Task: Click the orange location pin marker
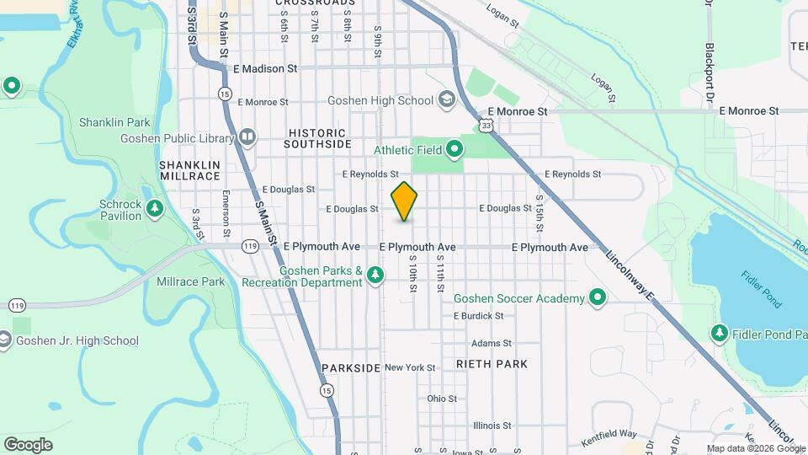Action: click(x=404, y=201)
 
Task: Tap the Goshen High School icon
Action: click(x=446, y=100)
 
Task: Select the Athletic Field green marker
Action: click(x=454, y=150)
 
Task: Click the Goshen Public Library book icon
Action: click(x=247, y=136)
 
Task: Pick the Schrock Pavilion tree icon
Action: click(x=154, y=208)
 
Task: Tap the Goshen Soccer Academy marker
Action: click(x=598, y=297)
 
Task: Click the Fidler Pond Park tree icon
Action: click(x=720, y=335)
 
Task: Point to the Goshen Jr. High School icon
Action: click(x=4, y=340)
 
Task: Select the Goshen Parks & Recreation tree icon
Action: click(x=375, y=276)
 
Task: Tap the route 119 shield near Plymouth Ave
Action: click(x=250, y=246)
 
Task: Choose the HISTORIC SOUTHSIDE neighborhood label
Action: click(x=316, y=138)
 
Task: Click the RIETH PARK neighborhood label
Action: click(x=492, y=364)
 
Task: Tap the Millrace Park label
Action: click(x=190, y=281)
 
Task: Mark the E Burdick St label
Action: click(x=478, y=316)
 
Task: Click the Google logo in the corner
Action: click(x=28, y=444)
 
